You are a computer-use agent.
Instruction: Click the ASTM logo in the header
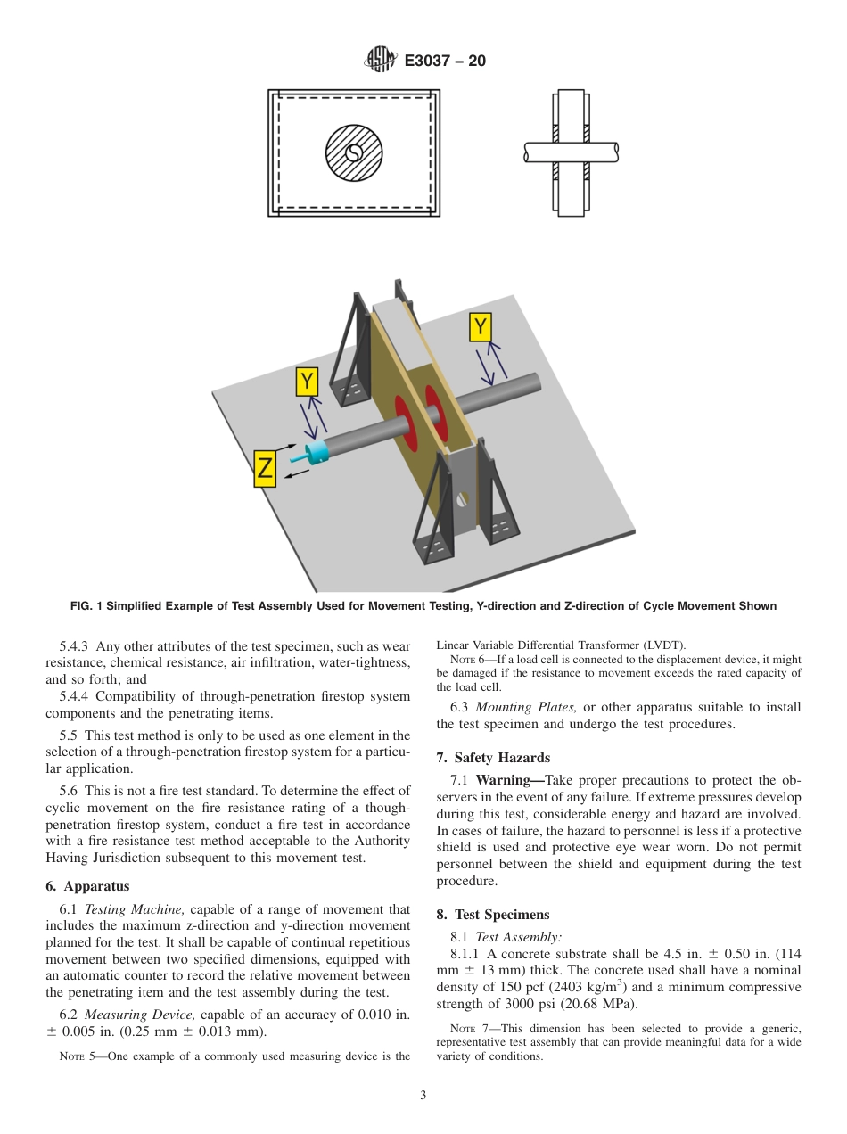(380, 61)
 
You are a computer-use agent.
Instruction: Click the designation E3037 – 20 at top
(445, 62)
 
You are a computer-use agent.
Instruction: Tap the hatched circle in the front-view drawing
(353, 153)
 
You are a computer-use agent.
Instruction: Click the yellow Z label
(265, 469)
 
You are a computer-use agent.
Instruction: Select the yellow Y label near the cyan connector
(307, 382)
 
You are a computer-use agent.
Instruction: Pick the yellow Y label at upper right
(481, 327)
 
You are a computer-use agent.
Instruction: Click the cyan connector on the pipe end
(315, 453)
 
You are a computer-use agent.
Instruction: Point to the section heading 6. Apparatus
(87, 886)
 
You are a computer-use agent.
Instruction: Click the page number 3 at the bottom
(423, 1096)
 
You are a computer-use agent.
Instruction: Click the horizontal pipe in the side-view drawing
(571, 152)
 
